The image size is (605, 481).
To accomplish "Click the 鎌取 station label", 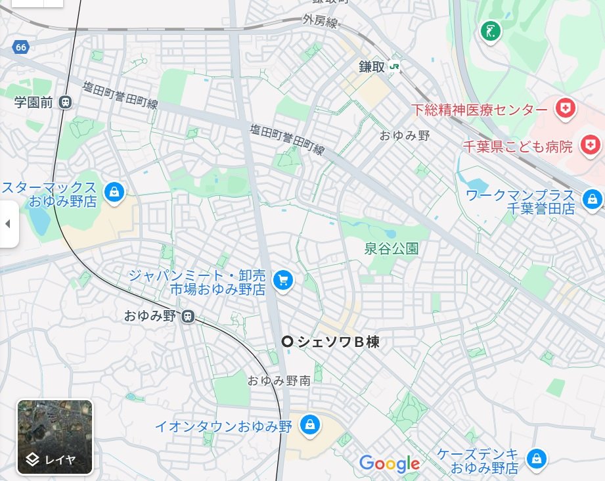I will click(372, 66).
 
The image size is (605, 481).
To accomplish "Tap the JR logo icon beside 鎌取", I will click(394, 66).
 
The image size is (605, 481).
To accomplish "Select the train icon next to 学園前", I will click(65, 102).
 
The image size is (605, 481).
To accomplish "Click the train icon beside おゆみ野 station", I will click(188, 316).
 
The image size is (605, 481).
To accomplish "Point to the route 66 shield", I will click(21, 47).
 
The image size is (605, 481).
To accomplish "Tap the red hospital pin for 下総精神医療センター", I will click(564, 108).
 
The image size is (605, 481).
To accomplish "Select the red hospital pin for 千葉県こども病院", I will click(591, 144).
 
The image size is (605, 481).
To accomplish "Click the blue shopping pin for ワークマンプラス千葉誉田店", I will click(593, 198).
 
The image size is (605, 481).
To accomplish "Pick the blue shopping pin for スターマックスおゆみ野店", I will click(114, 193).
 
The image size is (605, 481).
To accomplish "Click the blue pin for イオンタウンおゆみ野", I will click(309, 424).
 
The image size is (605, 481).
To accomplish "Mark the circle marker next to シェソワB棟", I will click(287, 341).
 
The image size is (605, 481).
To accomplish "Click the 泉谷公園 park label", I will click(392, 249).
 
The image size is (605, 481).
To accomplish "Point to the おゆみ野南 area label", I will click(284, 380).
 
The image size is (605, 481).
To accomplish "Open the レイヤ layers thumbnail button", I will click(55, 437).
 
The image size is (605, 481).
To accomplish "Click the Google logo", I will click(390, 464).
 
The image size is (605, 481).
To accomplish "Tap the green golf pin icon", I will click(490, 30).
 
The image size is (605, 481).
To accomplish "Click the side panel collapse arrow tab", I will click(8, 224).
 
